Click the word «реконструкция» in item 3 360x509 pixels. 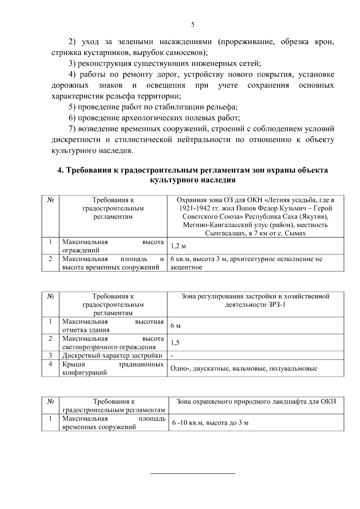point(105,64)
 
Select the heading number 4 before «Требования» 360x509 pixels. point(60,170)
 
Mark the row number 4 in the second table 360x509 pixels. point(50,364)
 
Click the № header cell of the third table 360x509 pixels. point(50,402)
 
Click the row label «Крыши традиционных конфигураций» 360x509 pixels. point(113,369)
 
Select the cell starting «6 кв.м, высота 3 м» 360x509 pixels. point(246,263)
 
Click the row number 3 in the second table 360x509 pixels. point(50,356)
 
